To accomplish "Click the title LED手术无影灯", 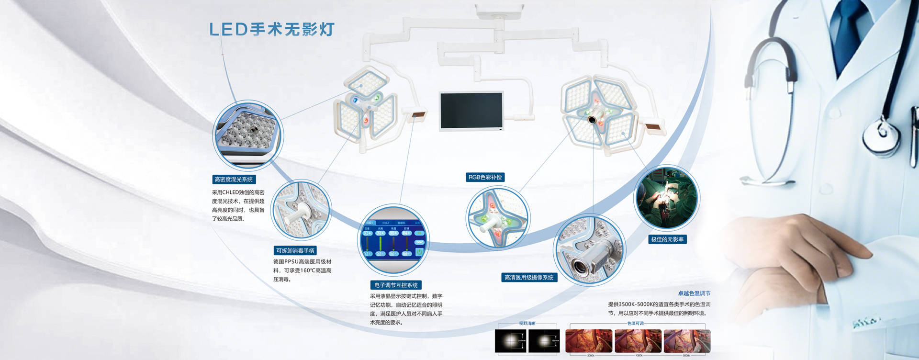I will point(271,29).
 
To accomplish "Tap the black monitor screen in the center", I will point(471,111).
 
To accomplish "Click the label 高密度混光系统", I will point(234,180).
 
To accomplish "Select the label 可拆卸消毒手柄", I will point(295,250).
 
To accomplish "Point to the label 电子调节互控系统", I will point(395,285).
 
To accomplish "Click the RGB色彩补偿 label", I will point(485,177).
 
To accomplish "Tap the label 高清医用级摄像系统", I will point(529,277).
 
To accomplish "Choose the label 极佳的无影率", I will point(667,239).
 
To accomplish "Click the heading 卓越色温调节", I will point(694,293).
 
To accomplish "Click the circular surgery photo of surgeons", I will point(666,198).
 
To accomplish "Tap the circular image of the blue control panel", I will point(393,239).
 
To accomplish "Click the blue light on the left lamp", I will point(355,100).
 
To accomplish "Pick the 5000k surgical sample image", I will point(686,341).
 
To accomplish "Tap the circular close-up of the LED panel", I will point(247,135).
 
